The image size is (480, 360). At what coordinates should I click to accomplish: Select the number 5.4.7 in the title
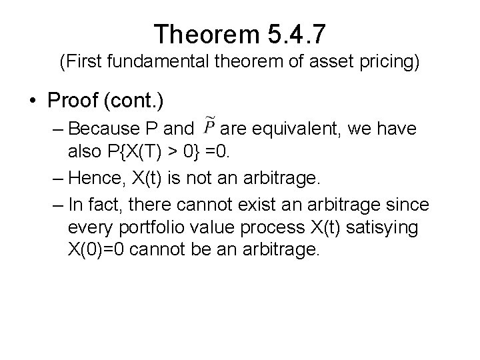(298, 33)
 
